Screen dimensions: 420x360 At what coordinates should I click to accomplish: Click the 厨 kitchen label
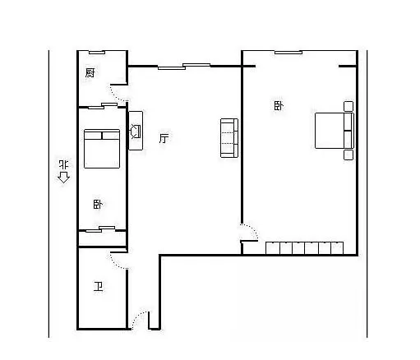pyautogui.click(x=90, y=72)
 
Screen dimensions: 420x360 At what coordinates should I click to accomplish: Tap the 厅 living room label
pyautogui.click(x=164, y=138)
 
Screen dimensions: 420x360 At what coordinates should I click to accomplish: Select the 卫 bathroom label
pyautogui.click(x=98, y=287)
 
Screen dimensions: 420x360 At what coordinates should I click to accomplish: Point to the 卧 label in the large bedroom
pyautogui.click(x=279, y=105)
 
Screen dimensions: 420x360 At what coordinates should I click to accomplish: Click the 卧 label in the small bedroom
pyautogui.click(x=98, y=205)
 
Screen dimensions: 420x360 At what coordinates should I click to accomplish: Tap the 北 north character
pyautogui.click(x=64, y=164)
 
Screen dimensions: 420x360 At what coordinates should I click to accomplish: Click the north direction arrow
pyautogui.click(x=63, y=178)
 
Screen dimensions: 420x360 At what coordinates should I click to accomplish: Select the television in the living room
pyautogui.click(x=136, y=131)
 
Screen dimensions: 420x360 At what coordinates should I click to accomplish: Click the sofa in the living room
pyautogui.click(x=229, y=138)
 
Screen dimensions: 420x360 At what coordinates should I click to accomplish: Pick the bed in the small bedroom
pyautogui.click(x=102, y=149)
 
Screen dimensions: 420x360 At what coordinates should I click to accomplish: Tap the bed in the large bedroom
pyautogui.click(x=335, y=131)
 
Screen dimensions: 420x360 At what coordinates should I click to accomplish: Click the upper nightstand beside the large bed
pyautogui.click(x=348, y=106)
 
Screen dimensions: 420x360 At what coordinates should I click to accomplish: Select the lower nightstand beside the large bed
pyautogui.click(x=348, y=155)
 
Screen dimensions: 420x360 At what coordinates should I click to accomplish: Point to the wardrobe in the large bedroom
pyautogui.click(x=305, y=248)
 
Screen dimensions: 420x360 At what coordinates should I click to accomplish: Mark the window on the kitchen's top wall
pyautogui.click(x=97, y=52)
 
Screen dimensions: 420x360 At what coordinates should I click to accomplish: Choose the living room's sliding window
pyautogui.click(x=184, y=67)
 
